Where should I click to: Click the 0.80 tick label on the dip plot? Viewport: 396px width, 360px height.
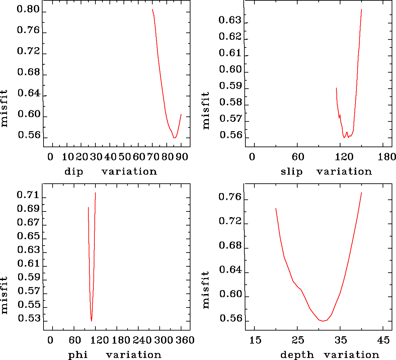tap(28, 9)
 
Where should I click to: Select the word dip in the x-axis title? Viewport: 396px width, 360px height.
tap(74, 172)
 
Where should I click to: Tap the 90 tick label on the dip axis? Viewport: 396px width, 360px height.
tap(182, 157)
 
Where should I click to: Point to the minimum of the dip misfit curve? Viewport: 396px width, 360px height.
tap(174, 138)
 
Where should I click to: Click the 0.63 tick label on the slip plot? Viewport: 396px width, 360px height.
tap(230, 20)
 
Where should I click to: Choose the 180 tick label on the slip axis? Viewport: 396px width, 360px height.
tap(387, 157)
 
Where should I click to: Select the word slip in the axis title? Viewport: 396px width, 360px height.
tap(292, 172)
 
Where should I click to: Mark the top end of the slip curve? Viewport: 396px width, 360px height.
tap(362, 9)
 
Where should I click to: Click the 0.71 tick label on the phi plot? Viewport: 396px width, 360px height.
tap(28, 195)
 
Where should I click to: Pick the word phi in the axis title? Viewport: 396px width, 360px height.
tap(78, 355)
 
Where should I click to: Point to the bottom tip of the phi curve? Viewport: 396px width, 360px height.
tap(91, 321)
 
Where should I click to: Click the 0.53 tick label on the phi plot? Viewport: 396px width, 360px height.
tap(28, 319)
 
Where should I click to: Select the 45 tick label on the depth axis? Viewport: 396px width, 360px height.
tap(384, 340)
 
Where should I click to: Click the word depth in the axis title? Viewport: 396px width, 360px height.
tap(297, 355)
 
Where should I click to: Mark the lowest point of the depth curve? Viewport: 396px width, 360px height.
tap(323, 321)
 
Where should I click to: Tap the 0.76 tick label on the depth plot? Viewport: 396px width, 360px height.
tap(230, 197)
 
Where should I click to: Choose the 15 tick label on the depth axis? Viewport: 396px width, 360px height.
tap(255, 340)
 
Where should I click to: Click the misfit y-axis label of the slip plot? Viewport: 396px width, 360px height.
tap(206, 110)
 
